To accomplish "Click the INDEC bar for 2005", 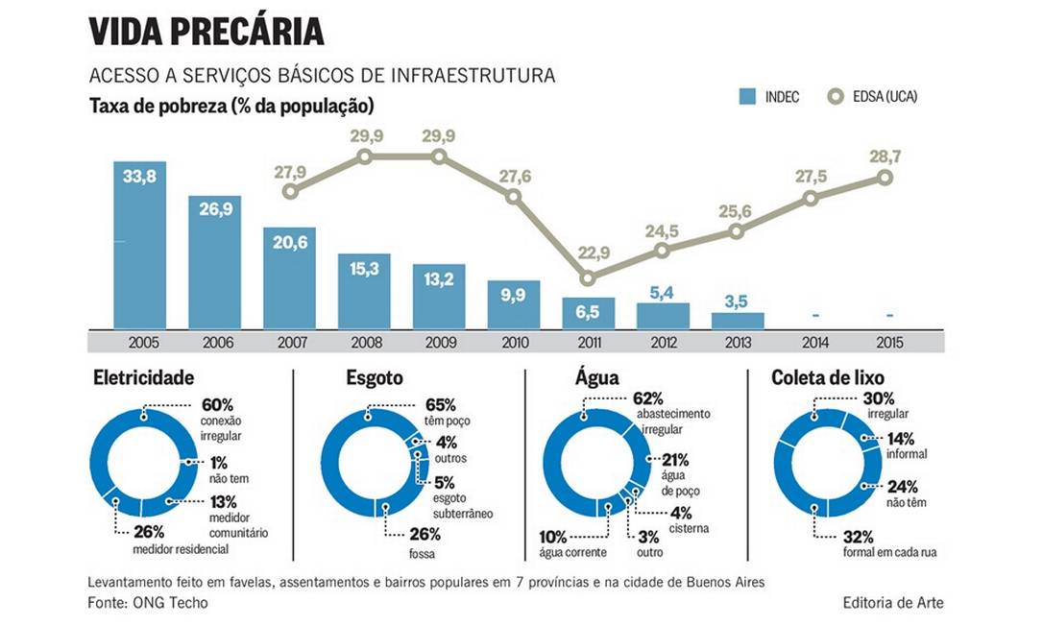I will click(x=140, y=245).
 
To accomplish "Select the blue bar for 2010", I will click(x=513, y=304).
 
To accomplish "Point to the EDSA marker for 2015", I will click(x=885, y=178).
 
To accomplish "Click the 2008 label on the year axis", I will click(x=364, y=342).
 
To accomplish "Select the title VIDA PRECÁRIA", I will click(x=206, y=32).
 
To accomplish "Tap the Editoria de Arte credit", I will click(x=893, y=602).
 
